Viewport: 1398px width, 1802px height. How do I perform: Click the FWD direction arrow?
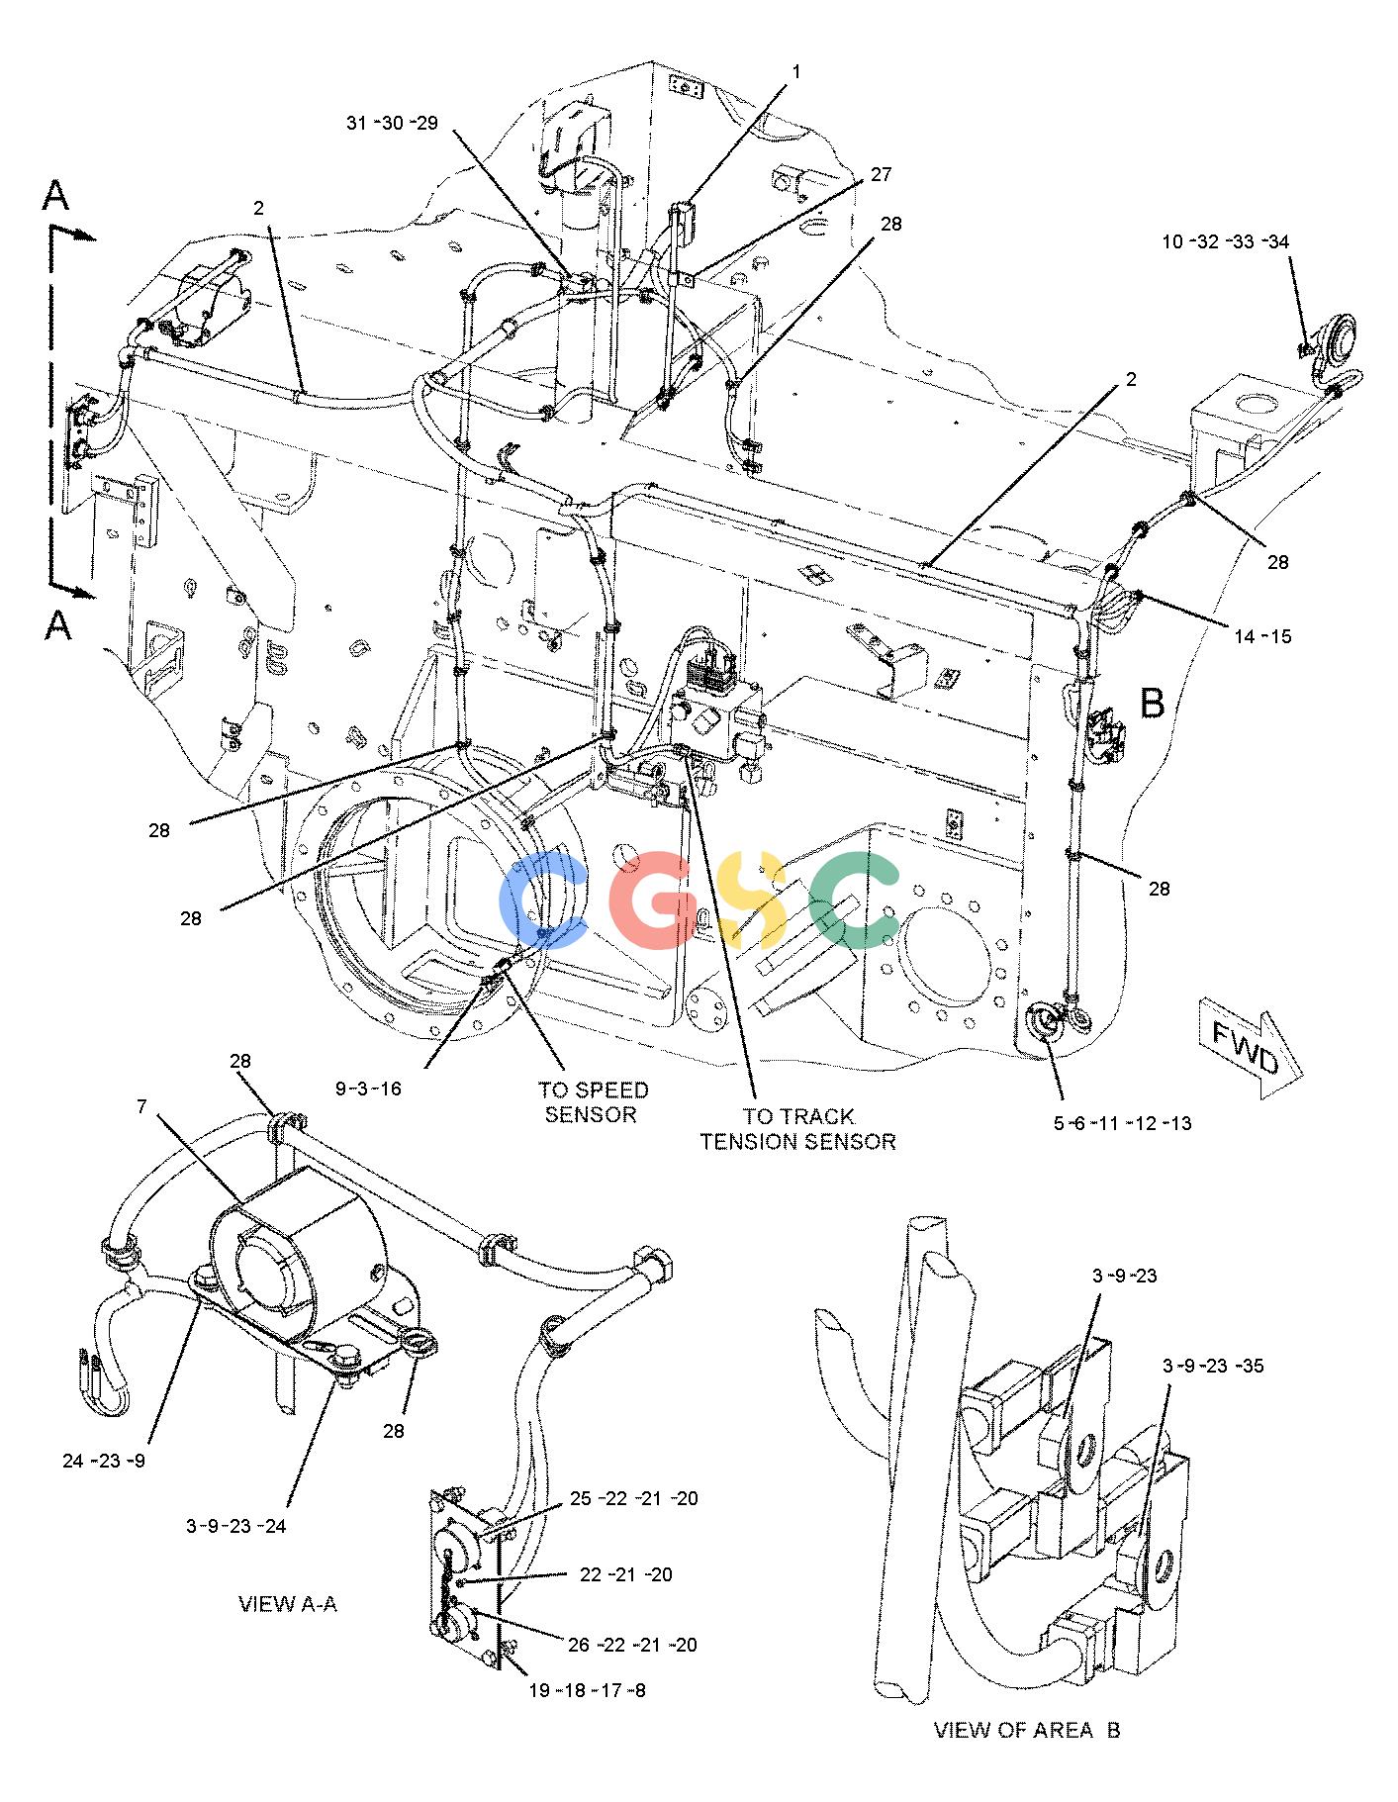[1251, 1052]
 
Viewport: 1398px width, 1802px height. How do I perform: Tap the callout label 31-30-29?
[392, 123]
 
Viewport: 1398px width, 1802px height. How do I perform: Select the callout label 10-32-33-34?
[1226, 240]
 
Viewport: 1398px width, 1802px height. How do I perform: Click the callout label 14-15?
[1262, 635]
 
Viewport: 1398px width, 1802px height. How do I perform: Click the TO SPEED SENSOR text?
[594, 1102]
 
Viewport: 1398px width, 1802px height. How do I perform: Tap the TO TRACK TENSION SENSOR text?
[798, 1129]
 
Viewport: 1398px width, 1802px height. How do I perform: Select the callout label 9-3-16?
[368, 1089]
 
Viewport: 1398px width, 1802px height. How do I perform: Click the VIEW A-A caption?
[288, 1603]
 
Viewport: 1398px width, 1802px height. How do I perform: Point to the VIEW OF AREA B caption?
[1027, 1730]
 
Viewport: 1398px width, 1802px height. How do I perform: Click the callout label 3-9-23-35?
[1213, 1366]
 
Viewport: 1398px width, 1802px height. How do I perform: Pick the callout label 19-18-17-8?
[587, 1689]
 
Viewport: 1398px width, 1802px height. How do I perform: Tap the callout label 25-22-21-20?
[633, 1498]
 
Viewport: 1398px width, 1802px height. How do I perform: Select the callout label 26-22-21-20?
[633, 1645]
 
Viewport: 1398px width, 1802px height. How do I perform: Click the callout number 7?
[141, 1106]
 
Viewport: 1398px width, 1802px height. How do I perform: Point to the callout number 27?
[881, 174]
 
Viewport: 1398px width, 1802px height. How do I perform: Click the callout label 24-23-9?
[104, 1461]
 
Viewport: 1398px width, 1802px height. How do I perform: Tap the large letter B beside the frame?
[1153, 703]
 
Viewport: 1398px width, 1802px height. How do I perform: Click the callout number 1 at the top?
[794, 70]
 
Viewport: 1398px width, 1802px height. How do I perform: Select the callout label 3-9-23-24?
[236, 1525]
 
